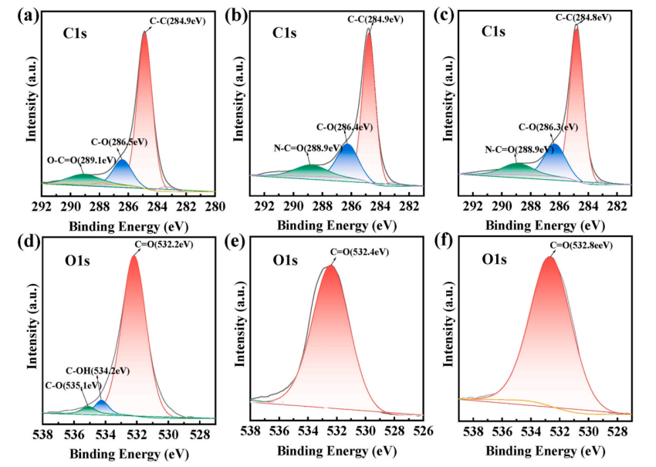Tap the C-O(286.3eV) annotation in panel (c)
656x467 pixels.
click(x=548, y=127)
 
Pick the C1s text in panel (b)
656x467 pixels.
click(x=286, y=32)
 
